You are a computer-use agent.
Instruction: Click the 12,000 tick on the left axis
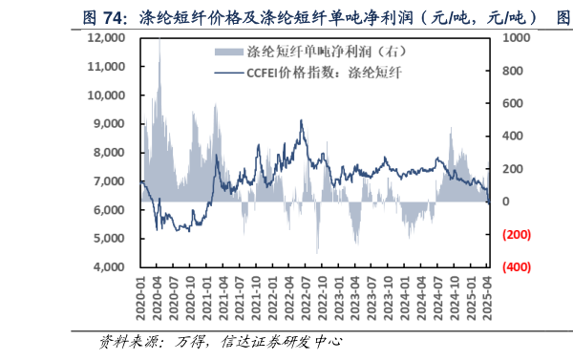(106, 37)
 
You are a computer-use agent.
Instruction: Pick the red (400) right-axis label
(516, 267)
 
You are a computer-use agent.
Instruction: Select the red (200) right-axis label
(516, 235)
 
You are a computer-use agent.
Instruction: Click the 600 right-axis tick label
(511, 103)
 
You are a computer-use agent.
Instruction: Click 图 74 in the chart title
(102, 16)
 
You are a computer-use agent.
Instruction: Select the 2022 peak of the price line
(302, 120)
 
